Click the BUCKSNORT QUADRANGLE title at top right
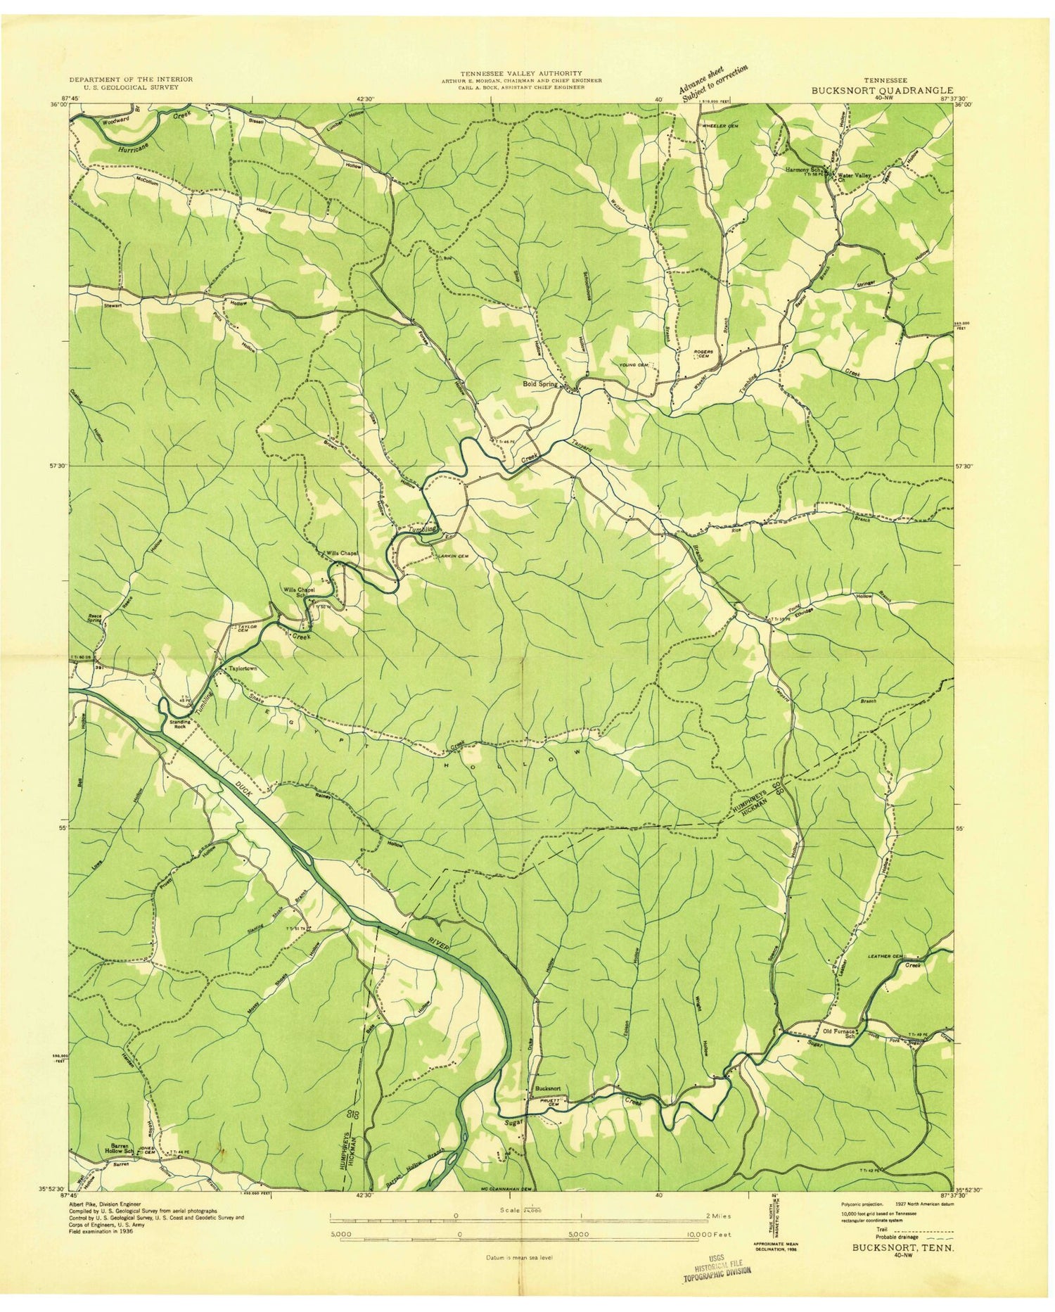883,91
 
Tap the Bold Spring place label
540,384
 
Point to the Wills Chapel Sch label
298,592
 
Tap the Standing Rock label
177,724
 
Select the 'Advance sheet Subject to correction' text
712,83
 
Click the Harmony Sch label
804,170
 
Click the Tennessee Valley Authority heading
521,73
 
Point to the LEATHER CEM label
885,956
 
